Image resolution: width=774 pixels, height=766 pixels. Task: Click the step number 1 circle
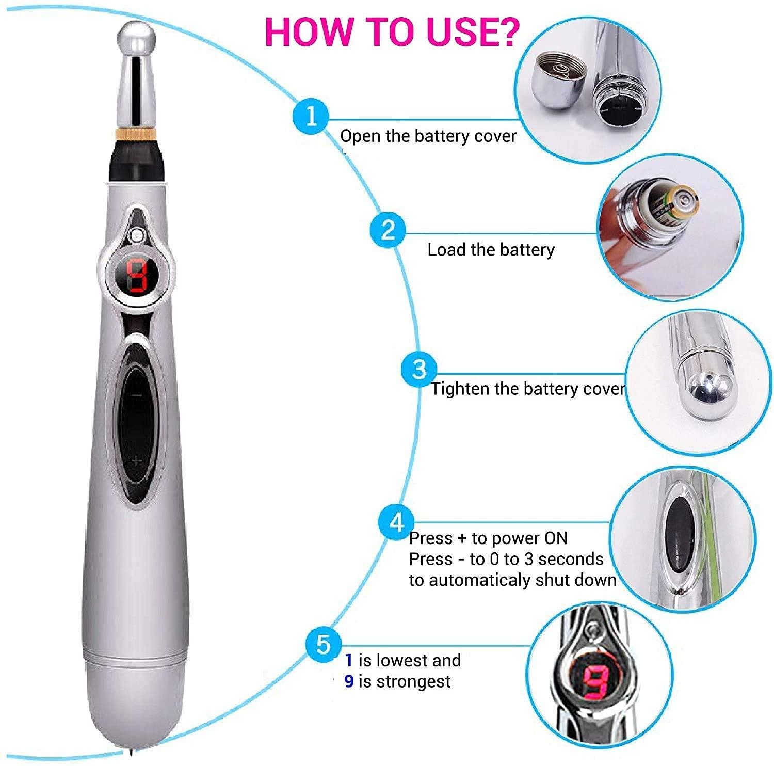311,117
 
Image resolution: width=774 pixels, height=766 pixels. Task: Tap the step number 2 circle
388,230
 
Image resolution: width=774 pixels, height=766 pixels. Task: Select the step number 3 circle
419,369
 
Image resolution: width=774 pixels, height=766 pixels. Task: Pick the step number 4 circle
396,523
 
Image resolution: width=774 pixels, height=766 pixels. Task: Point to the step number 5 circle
323,644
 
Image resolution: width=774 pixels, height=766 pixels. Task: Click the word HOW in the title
301,32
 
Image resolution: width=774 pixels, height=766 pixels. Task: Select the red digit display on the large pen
137,275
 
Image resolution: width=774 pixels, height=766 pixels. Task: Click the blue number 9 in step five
349,681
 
